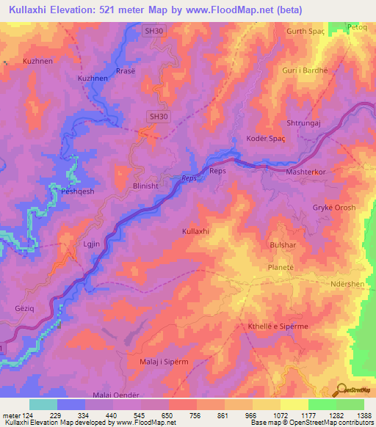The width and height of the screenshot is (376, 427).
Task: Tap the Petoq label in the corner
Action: point(356,26)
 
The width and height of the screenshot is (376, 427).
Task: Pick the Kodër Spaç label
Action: point(254,139)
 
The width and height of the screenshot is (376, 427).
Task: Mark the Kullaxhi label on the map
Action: point(196,231)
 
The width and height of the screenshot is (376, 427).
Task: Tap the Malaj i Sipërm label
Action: point(164,362)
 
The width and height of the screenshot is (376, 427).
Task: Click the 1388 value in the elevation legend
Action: point(364,415)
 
